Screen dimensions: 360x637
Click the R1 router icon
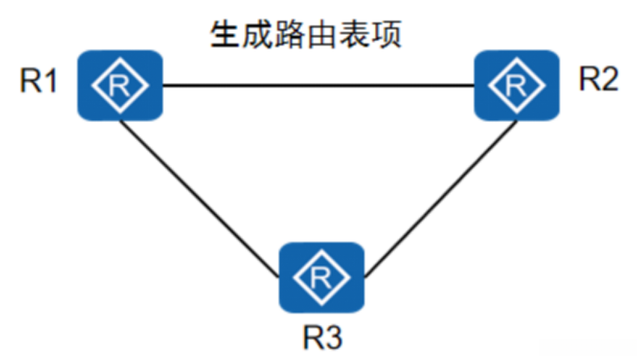120,85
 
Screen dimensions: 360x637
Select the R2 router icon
517,85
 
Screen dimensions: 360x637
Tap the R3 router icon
322,277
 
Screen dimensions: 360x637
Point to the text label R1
39,83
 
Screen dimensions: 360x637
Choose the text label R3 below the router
322,337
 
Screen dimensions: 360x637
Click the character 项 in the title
387,36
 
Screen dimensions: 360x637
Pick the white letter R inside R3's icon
322,277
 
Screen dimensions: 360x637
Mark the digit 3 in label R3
332,337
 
